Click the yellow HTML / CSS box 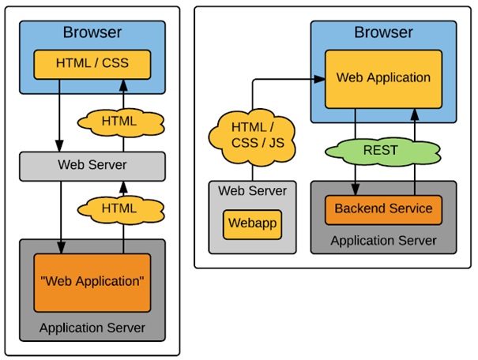[x=92, y=63]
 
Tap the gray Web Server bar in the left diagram [x=92, y=165]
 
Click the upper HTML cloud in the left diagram [x=119, y=122]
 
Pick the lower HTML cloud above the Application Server [x=119, y=208]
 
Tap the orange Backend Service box [x=383, y=208]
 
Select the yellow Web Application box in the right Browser [x=383, y=77]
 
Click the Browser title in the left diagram [x=92, y=33]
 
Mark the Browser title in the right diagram [x=383, y=33]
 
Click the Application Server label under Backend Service [x=383, y=240]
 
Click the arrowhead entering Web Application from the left [x=322, y=78]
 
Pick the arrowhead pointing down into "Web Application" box [x=61, y=249]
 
